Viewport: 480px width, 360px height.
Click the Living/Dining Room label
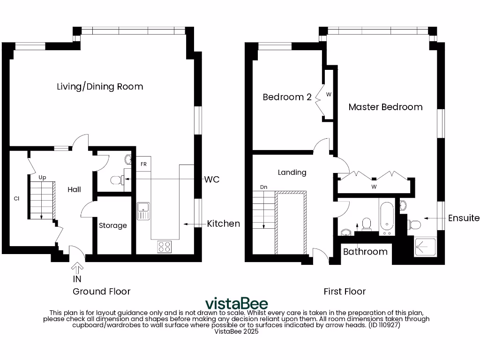point(100,87)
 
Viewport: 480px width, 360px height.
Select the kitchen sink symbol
point(143,210)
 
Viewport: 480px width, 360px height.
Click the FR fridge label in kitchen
point(143,165)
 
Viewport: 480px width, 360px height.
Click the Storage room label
point(113,225)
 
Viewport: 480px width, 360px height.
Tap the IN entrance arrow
point(77,268)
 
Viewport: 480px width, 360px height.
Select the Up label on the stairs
point(42,178)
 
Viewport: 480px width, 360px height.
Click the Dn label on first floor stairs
point(263,187)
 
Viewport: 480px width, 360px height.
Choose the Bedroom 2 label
point(287,97)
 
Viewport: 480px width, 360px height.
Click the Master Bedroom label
point(385,107)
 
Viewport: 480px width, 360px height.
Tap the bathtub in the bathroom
point(388,218)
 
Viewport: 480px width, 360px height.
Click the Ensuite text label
point(464,218)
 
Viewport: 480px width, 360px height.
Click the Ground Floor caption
point(101,292)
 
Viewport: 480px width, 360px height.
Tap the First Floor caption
point(345,292)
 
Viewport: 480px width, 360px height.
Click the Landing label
point(292,172)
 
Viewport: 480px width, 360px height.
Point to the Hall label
point(74,189)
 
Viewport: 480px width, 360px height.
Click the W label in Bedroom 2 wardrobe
point(329,94)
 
